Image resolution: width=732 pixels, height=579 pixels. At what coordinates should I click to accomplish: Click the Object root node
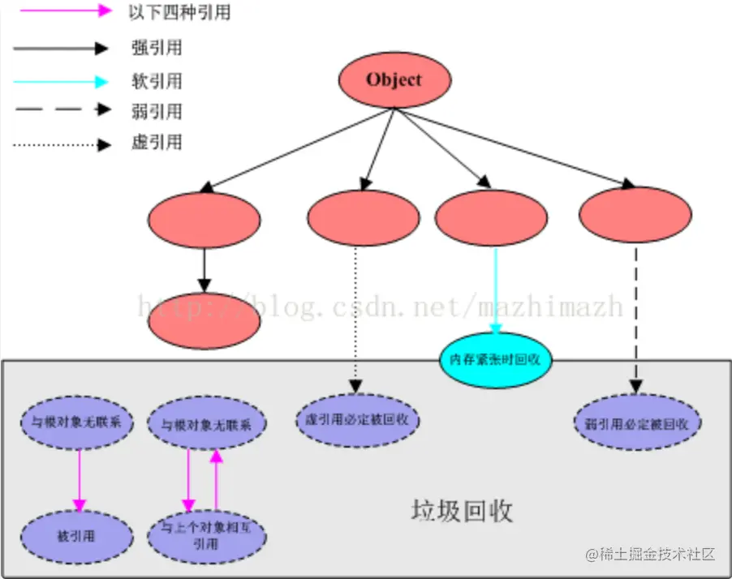coord(394,80)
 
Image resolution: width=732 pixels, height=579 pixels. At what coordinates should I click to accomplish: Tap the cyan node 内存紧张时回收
coord(495,358)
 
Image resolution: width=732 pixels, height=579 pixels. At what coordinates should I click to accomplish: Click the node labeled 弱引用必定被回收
coord(642,423)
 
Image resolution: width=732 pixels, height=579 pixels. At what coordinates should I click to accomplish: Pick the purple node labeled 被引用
coord(77,536)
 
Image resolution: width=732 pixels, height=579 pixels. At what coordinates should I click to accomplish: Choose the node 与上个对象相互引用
coord(206,536)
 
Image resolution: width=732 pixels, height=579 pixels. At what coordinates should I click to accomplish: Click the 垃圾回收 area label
coord(462,512)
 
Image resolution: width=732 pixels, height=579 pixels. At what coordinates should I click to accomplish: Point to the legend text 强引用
coord(156,48)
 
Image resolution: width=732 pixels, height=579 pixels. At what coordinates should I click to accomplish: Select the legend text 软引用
coord(156,81)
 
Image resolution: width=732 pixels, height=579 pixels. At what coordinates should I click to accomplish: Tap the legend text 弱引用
coord(156,111)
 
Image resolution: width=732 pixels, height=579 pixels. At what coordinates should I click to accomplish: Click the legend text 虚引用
coord(156,144)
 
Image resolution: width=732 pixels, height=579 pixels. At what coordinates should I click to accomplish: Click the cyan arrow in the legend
coord(60,81)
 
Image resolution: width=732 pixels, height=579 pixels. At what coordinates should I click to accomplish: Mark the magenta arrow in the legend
coord(60,11)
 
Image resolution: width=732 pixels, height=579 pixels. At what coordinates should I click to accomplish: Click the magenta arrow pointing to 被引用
coord(79,479)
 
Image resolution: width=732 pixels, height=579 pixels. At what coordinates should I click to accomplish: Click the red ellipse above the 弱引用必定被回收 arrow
coord(635,216)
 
